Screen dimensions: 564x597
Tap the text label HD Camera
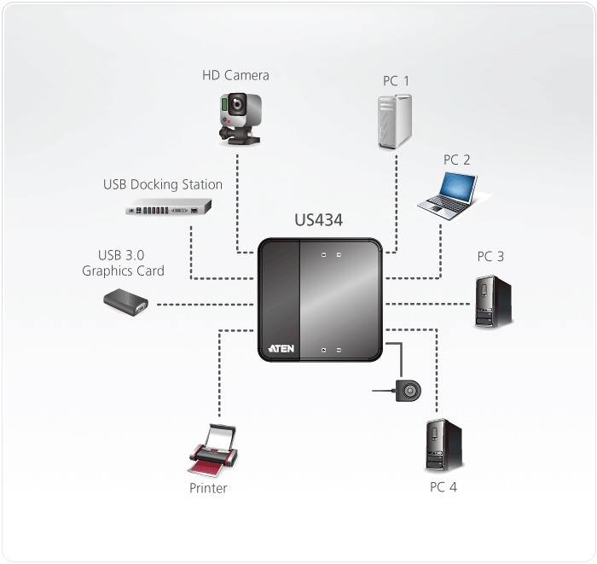pos(235,75)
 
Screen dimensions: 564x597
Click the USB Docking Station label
pos(163,184)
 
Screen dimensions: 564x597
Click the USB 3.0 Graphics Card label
pos(124,263)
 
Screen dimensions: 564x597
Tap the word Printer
pos(209,489)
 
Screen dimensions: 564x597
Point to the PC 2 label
pos(456,160)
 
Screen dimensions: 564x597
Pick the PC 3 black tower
pos(493,301)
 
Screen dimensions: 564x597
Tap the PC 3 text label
pos(490,256)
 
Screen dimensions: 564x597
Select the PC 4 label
pos(443,488)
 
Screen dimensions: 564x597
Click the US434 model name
pos(318,221)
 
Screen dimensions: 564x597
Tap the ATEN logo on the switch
pos(281,348)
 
